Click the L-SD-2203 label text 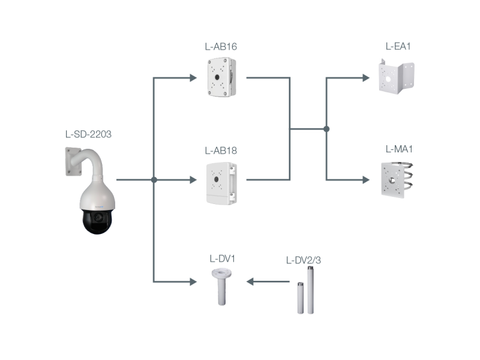88,134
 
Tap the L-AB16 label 220,46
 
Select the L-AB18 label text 220,150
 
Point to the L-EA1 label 398,46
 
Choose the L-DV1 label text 221,259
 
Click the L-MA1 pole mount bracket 397,178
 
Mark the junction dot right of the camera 154,179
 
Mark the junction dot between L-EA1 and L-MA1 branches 326,128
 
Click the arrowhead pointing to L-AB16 193,77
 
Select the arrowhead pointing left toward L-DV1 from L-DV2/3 251,281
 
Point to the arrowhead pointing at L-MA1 365,179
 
